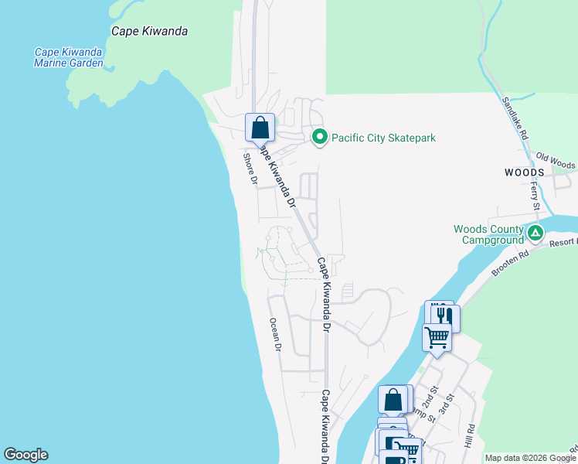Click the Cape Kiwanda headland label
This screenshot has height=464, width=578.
pos(150,32)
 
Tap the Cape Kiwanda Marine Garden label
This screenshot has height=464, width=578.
pos(69,58)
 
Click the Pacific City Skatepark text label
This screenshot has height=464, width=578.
pos(384,138)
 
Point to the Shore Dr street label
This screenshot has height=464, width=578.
pos(250,169)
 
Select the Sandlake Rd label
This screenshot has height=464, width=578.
pos(515,117)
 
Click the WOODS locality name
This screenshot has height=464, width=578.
pos(525,172)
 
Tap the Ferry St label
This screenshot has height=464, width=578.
pos(535,196)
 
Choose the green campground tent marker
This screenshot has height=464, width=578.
pos(534,233)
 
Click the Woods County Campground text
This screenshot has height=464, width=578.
pos(488,234)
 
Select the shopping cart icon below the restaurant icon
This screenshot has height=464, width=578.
pos(437,338)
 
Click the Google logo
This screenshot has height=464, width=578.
pos(25,455)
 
